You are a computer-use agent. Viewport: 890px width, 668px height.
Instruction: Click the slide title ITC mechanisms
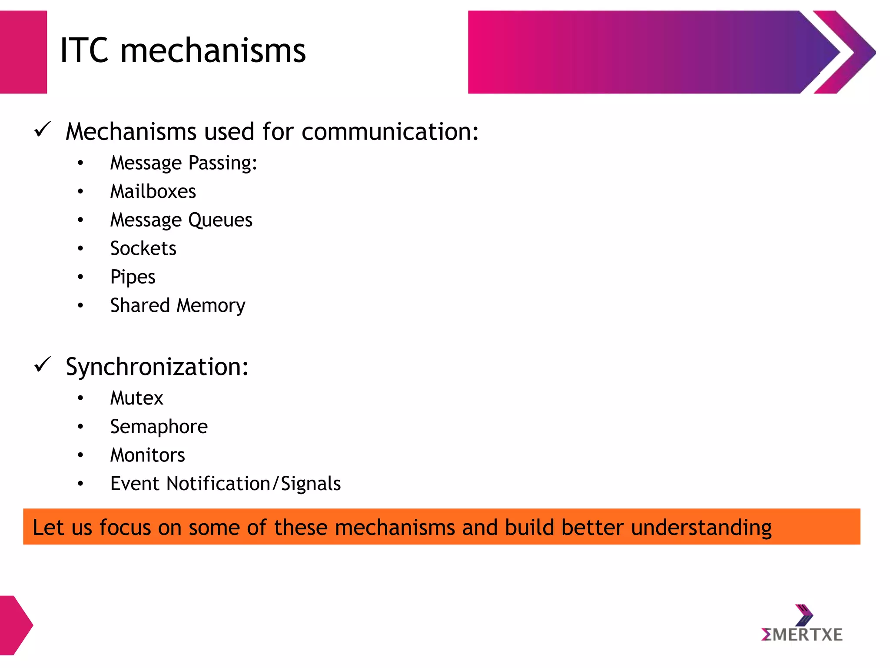183,51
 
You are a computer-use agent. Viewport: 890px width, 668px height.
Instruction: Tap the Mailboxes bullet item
153,192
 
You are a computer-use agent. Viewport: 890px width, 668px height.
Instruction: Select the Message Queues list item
181,220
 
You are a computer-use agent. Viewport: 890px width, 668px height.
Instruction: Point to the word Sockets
143,249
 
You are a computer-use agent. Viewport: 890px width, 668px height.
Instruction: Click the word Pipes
133,277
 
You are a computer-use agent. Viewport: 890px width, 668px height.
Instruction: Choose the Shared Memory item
178,306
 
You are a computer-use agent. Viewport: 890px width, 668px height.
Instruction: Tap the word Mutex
136,398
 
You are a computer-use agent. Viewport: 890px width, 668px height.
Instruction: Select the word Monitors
148,455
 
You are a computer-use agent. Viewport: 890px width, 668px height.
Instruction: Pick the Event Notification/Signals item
226,484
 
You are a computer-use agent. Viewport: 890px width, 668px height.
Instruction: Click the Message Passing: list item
184,164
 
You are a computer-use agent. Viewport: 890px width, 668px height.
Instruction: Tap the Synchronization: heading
157,367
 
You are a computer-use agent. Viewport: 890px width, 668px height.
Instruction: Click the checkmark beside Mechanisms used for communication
43,130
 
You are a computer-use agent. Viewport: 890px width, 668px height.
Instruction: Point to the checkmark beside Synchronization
43,364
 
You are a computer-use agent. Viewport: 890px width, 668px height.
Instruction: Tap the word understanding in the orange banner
701,528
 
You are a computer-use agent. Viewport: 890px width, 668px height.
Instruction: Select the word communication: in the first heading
390,132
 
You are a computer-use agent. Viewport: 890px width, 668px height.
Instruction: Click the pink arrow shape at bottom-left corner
15,625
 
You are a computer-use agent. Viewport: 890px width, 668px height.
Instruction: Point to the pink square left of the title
23,52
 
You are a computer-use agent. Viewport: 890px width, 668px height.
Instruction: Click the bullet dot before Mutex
80,398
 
